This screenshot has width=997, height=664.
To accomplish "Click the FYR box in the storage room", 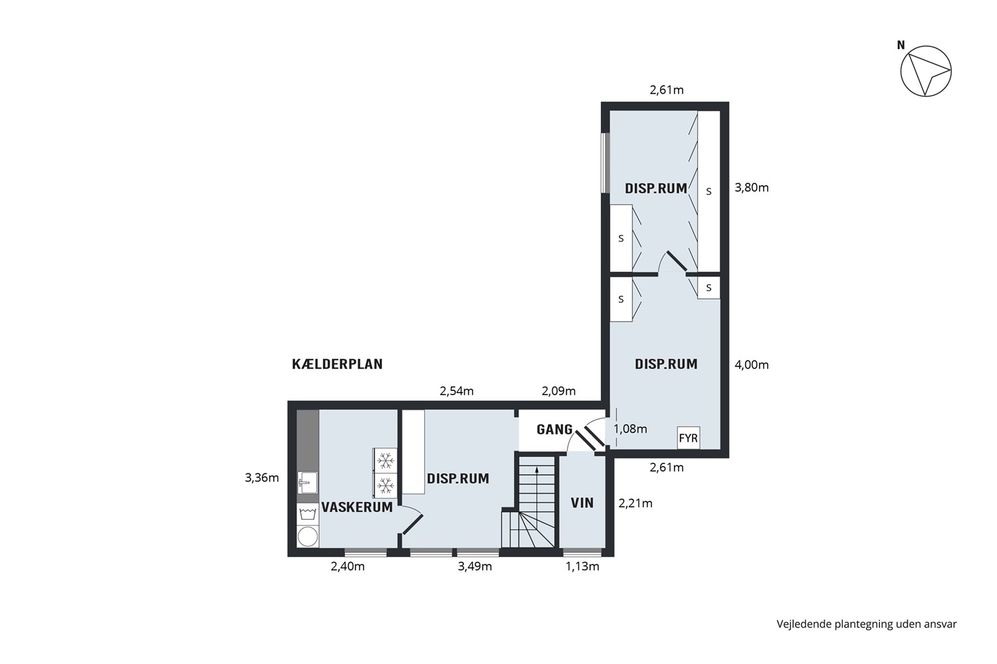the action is coord(688,438).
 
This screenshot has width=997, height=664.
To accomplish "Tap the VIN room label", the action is coord(582,503).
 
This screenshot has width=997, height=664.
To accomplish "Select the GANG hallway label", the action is coord(554,430).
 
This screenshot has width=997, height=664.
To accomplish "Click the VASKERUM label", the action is coord(357,507).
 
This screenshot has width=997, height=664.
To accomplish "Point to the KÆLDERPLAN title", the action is coord(338,365).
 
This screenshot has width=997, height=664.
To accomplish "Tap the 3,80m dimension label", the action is coord(752,188).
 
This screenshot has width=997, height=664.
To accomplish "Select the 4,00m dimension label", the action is coord(752,365).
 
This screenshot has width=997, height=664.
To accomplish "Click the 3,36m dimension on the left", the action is coord(262,478).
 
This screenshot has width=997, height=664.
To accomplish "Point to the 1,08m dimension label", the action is coord(630,429).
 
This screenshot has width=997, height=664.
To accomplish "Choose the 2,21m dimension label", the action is coord(635,503).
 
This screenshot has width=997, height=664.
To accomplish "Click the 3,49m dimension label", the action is coord(475,566).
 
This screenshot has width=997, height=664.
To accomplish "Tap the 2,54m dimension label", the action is coord(457,391).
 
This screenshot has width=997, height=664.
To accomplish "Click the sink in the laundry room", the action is coord(308,483).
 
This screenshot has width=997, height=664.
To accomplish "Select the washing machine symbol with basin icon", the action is coord(308,514).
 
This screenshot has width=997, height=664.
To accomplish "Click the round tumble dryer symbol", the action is coord(308,537).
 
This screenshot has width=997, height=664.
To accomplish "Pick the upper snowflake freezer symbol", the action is coord(386,460).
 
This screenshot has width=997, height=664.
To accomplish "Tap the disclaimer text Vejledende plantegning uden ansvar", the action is coord(867,624).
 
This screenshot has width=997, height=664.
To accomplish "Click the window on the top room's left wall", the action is coord(604,163).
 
